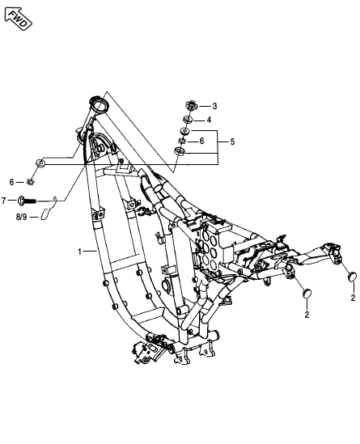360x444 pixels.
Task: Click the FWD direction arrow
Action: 19,19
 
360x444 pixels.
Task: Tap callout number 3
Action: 214,106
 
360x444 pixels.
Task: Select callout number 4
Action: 209,120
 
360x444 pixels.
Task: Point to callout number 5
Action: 232,142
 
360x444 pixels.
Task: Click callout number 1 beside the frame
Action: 79,252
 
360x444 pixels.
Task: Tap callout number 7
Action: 4,201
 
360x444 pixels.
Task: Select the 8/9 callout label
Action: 21,218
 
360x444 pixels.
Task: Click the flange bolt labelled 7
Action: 28,201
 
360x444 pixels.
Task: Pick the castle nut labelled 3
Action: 191,106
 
